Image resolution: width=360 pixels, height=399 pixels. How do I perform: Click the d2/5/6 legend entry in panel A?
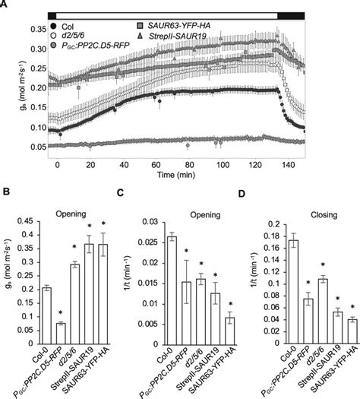coord(67,36)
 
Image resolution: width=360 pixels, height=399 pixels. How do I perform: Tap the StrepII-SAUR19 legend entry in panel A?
coord(175,36)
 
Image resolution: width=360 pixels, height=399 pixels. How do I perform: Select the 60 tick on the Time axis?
coord(155,164)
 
